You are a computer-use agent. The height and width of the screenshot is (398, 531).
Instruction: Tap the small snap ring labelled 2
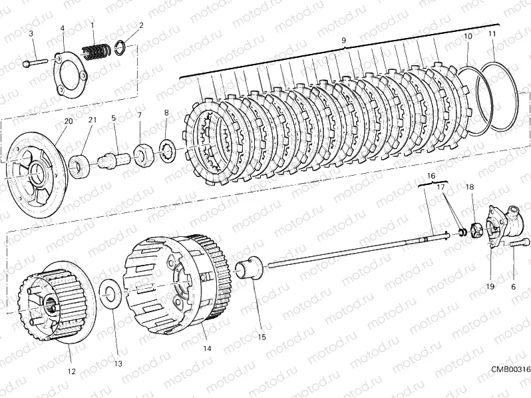click(121, 48)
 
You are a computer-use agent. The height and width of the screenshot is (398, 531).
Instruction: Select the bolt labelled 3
click(35, 63)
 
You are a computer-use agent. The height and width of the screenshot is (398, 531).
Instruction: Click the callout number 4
click(63, 28)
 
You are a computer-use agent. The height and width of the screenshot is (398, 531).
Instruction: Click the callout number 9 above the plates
click(343, 41)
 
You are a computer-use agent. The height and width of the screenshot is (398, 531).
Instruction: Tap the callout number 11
click(492, 34)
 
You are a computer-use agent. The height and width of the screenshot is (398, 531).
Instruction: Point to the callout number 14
click(207, 348)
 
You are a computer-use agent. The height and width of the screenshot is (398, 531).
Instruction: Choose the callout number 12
click(71, 371)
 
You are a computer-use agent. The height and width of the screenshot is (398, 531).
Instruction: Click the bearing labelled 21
click(79, 165)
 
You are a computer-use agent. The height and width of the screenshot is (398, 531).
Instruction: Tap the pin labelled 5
click(112, 159)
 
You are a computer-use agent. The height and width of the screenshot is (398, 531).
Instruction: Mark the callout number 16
click(431, 176)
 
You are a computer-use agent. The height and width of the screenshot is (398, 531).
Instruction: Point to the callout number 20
click(68, 121)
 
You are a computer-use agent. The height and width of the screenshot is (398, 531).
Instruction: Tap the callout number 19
click(490, 287)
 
